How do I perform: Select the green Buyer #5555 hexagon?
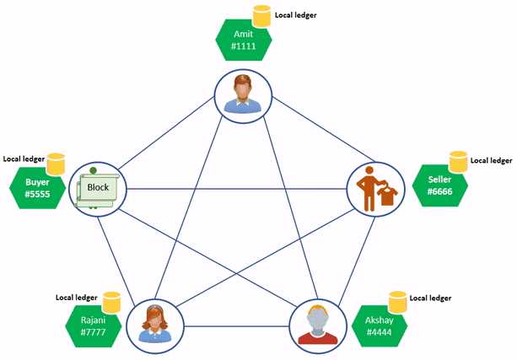click(37, 187)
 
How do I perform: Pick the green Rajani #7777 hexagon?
click(94, 324)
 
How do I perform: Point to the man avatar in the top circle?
click(243, 94)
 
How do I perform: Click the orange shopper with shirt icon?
click(376, 190)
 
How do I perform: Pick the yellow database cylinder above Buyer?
click(56, 163)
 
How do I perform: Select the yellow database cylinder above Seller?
click(458, 161)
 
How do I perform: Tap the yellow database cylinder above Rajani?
click(111, 301)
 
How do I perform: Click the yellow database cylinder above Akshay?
click(397, 301)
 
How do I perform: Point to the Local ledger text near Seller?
click(491, 160)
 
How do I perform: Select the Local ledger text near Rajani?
click(77, 298)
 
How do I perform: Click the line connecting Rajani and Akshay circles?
click(236, 326)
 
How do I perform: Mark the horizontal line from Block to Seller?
click(236, 187)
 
